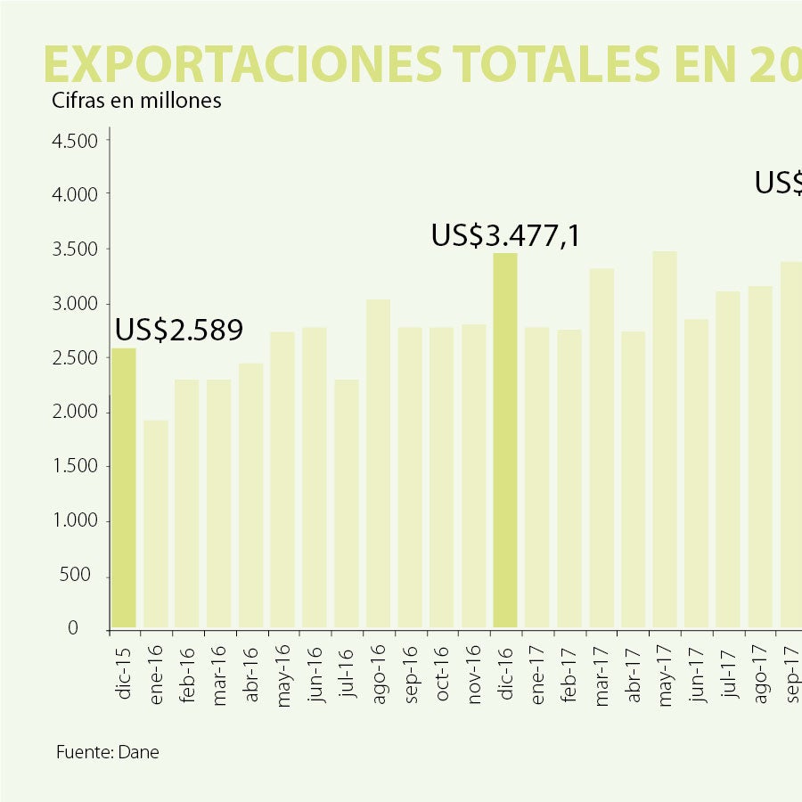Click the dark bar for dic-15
(x=124, y=487)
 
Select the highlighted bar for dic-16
(x=505, y=441)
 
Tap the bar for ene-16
(x=156, y=524)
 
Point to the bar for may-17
(x=665, y=440)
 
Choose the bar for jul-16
(x=347, y=503)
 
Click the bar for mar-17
(x=601, y=448)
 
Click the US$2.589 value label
(x=179, y=330)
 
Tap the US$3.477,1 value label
(x=506, y=235)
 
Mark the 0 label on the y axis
(x=98, y=629)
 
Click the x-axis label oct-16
(x=443, y=680)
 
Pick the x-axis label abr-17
(x=634, y=679)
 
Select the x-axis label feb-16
(x=188, y=679)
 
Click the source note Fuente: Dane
(x=108, y=752)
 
